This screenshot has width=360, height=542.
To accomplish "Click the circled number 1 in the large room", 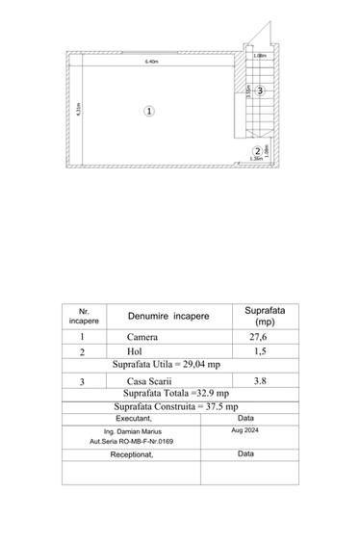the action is (149, 111).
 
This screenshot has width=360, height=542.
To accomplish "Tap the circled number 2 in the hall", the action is (257, 151).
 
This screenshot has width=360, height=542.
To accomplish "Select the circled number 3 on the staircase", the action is (260, 90).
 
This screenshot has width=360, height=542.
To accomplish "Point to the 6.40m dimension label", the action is (151, 63).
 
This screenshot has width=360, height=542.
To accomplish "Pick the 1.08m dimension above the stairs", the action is (259, 55).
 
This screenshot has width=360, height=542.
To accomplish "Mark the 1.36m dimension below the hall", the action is (255, 161).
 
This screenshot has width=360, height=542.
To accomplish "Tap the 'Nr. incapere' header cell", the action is (83, 316).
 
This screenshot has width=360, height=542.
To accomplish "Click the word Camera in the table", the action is (142, 338).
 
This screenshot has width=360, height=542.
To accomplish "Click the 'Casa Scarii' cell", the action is (147, 380).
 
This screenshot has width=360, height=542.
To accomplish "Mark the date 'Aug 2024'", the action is (245, 432).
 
